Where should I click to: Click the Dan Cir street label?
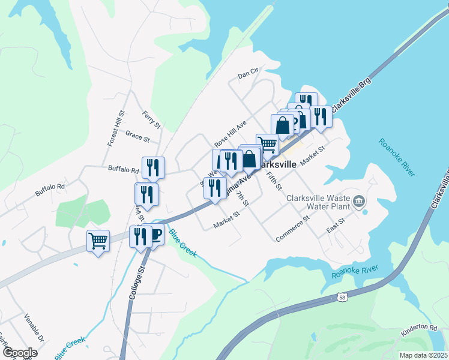point(247,74)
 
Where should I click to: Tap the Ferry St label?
point(152,119)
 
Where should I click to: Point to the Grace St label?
point(137,137)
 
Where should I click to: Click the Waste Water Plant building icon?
point(360,200)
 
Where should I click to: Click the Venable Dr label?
point(34,326)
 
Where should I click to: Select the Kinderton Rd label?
point(420,327)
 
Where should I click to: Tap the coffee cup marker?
point(155,234)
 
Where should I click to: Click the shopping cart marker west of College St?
point(98,241)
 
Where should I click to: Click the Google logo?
point(20,352)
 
